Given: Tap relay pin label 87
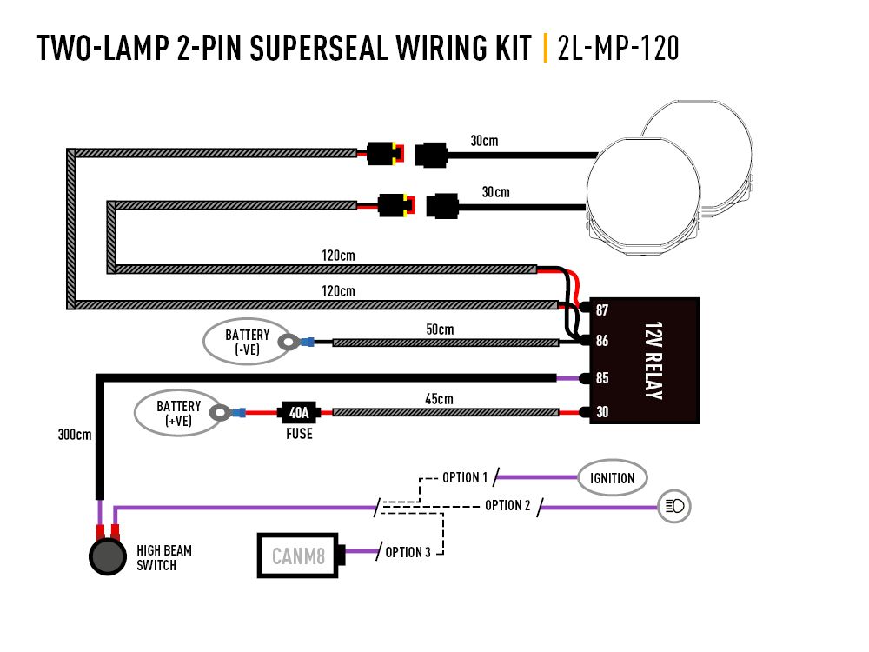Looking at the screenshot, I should (601, 310).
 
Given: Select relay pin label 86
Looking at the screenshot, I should (601, 343).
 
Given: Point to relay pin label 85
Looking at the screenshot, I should (601, 378).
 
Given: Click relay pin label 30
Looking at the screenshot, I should (601, 412).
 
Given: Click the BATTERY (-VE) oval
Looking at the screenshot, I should (247, 342).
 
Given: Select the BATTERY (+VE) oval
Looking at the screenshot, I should (178, 413).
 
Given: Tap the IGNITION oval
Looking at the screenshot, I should (613, 477).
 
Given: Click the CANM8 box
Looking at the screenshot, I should (298, 555).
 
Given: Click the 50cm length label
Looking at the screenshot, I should (440, 329).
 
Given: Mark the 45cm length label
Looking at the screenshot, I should (440, 398).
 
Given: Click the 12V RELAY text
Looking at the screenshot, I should (653, 361).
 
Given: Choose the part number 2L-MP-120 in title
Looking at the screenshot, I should (617, 49).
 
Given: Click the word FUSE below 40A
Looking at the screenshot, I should (299, 433).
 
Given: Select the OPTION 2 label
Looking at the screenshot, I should (508, 505).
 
